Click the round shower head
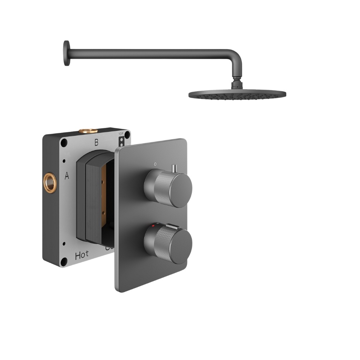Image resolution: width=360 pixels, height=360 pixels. point(237,94)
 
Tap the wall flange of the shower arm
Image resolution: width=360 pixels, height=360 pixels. point(66,54)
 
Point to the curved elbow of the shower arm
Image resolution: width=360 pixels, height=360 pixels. point(236,59)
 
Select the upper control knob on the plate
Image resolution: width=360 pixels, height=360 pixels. point(168,186)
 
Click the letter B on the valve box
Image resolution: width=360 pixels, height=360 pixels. point(96,143)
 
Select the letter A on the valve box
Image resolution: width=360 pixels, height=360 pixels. point(67,176)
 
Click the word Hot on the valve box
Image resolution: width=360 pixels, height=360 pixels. point(82,255)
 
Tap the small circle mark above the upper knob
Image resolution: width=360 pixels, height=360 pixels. point(155,164)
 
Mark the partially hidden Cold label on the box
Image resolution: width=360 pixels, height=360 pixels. point(109,248)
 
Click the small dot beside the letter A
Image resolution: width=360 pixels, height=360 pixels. point(64,161)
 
